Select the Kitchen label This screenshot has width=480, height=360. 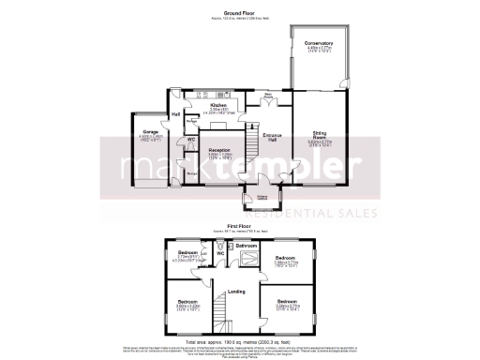[x=218, y=106]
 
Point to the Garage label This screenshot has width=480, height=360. [x=149, y=132]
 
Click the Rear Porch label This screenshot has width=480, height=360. [x=268, y=95]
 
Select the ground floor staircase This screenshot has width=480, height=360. [x=250, y=142]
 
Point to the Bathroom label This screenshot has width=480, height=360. [x=247, y=245]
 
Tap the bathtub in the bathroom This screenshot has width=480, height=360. [x=247, y=262]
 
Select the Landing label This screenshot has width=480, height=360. [x=237, y=292]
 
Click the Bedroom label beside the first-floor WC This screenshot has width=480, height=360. [x=188, y=253]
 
